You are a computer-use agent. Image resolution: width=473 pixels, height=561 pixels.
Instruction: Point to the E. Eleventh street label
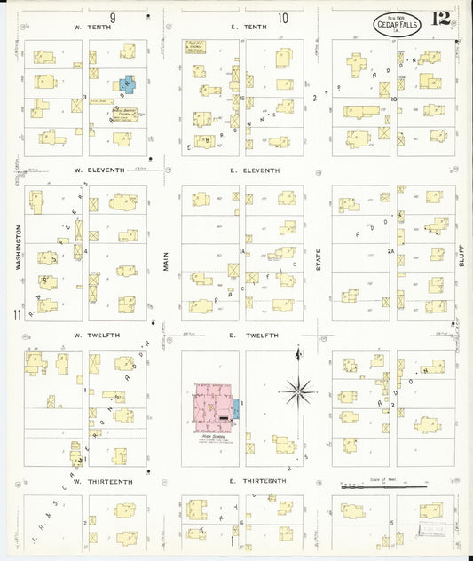(255, 170)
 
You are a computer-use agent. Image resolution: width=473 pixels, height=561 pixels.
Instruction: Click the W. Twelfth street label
(90, 335)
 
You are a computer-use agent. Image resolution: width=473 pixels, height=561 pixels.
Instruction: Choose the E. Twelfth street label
(255, 335)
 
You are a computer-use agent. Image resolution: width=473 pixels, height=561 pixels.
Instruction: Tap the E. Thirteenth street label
(258, 481)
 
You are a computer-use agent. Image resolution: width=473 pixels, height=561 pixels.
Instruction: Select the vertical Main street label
(166, 258)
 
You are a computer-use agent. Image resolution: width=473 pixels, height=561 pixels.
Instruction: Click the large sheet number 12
(441, 18)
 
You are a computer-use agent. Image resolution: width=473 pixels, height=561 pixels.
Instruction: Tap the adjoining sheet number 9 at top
(114, 17)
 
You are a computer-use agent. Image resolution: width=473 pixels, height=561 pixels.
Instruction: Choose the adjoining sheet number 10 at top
(282, 17)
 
